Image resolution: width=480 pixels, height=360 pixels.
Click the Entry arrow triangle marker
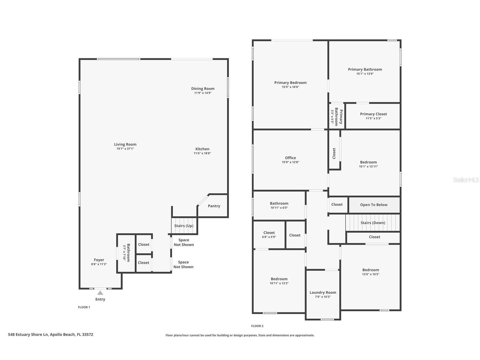click(x=100, y=293)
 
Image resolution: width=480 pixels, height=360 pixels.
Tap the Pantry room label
click(x=214, y=206)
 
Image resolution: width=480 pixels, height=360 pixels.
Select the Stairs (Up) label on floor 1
click(x=184, y=226)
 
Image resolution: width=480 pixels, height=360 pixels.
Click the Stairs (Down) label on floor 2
click(x=373, y=223)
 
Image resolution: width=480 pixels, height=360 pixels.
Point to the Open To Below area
click(x=374, y=205)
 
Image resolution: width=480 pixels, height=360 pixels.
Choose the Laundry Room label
click(x=323, y=293)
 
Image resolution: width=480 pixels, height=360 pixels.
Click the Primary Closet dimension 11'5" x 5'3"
click(x=373, y=118)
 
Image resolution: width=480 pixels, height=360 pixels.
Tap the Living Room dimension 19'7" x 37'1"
click(x=125, y=149)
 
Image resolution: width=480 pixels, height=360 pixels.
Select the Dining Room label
click(x=203, y=89)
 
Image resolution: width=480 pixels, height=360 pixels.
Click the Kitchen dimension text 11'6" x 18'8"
click(x=202, y=153)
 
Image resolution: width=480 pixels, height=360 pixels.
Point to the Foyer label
click(x=99, y=260)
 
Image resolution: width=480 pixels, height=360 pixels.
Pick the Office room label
click(x=290, y=158)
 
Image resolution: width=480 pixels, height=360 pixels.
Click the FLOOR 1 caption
click(x=84, y=307)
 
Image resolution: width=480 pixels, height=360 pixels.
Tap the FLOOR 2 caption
click(x=257, y=326)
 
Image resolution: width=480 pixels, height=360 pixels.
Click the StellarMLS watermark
click(x=466, y=180)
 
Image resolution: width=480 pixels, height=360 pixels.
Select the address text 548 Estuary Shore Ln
click(x=28, y=335)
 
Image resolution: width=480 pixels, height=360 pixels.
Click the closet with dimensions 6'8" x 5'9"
click(x=269, y=235)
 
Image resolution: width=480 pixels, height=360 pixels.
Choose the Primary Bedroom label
click(x=290, y=83)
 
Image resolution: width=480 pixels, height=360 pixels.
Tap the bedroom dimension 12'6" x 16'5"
click(x=371, y=274)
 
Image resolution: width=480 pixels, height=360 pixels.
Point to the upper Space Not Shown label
click(x=184, y=242)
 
